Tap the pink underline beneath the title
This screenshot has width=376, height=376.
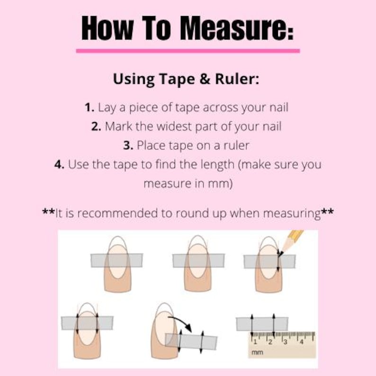pos(188,50)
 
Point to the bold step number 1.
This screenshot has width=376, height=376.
pos(90,107)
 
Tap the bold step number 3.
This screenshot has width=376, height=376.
pos(128,146)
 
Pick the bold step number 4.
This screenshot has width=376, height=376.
pos(60,165)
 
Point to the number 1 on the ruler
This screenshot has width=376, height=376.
pos(255,341)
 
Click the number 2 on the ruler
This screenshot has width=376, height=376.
pos(270,341)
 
